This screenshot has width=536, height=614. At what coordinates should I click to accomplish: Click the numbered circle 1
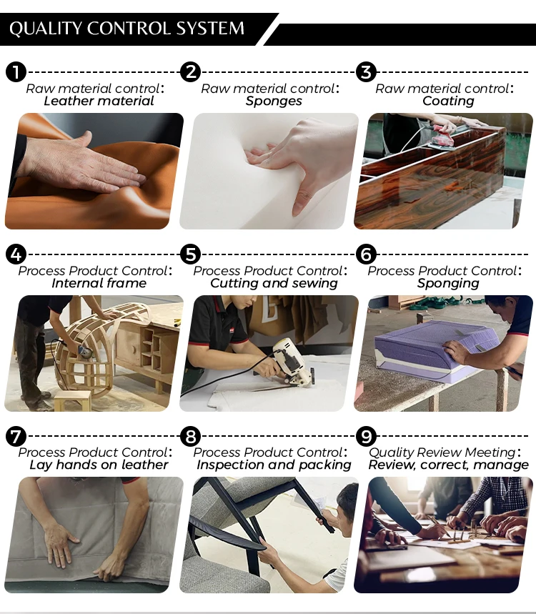click(x=16, y=72)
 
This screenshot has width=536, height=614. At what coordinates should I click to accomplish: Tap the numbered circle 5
click(x=191, y=254)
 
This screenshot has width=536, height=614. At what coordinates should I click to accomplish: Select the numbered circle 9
click(x=366, y=436)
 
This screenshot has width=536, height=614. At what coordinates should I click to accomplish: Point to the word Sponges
click(x=274, y=101)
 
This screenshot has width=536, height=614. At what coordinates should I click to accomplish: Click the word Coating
click(x=448, y=101)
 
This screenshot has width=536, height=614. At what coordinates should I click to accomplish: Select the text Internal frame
click(x=99, y=283)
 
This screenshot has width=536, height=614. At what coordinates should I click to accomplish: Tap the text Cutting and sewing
click(x=274, y=283)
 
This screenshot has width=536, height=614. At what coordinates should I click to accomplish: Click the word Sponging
click(x=448, y=283)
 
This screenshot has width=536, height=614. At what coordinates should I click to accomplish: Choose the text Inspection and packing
click(x=274, y=465)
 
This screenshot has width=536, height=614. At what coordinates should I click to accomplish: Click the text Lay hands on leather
click(x=99, y=465)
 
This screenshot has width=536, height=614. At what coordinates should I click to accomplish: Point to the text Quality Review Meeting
click(x=442, y=452)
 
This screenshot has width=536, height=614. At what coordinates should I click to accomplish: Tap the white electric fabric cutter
click(x=292, y=362)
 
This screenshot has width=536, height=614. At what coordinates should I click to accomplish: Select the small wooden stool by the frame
click(x=73, y=400)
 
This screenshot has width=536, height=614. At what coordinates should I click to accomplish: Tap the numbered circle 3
click(x=366, y=72)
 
